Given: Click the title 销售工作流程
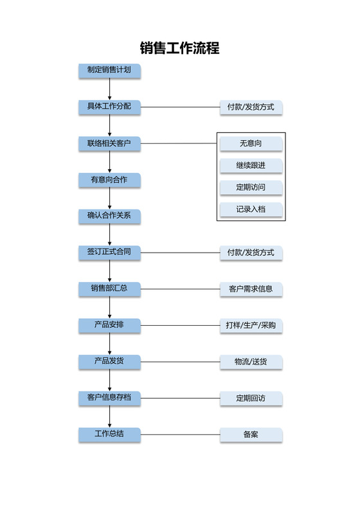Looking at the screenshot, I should (x=180, y=48).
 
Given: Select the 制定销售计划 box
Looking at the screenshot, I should (x=109, y=70).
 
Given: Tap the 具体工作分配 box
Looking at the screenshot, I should (x=109, y=107).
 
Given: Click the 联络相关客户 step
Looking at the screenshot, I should (x=109, y=143).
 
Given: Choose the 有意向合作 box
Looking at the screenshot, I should (x=109, y=180).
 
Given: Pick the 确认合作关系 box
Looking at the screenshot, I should (x=109, y=216).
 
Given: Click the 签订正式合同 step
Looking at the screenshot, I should (x=109, y=252).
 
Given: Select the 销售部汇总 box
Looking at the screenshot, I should (x=109, y=289).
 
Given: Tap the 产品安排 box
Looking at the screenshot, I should (x=109, y=325).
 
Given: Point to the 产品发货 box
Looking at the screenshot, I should (x=109, y=361).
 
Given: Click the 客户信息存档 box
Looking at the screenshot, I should (x=109, y=398).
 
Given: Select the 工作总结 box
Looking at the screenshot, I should (x=109, y=434).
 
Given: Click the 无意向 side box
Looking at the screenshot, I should (x=251, y=143).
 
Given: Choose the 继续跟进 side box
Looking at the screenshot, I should (x=251, y=165).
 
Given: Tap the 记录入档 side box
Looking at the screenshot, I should (x=251, y=210).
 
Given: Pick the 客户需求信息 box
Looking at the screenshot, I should (x=251, y=289).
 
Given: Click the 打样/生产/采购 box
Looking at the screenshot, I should (x=251, y=326).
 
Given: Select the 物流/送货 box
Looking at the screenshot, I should (x=251, y=362).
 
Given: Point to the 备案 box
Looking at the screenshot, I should (x=251, y=435).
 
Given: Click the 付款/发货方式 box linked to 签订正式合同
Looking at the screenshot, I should (x=251, y=253).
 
